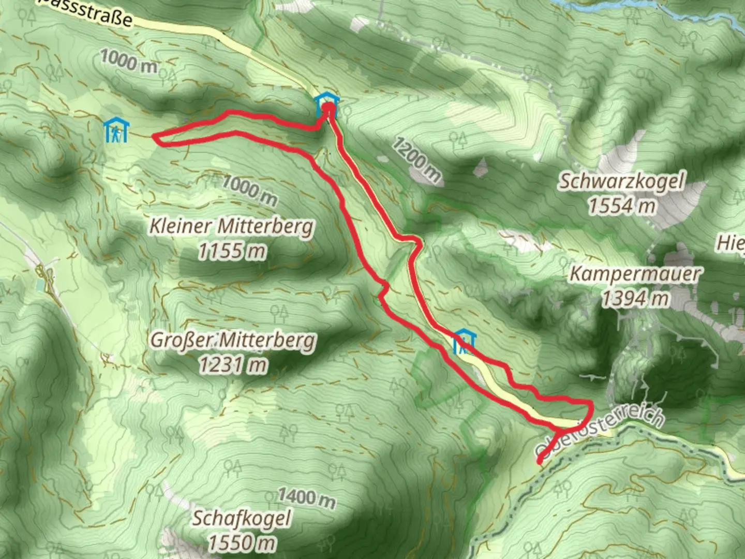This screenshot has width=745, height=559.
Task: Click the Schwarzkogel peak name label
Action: click(621, 182)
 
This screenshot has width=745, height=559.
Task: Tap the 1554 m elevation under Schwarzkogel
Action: click(621, 206)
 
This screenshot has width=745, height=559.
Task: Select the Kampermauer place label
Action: click(634, 274)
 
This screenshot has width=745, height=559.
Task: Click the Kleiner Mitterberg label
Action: click(232, 227)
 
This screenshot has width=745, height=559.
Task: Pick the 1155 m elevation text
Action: click(232, 251)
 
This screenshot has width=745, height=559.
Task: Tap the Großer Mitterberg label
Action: click(232, 341)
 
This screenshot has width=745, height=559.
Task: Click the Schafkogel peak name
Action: click(242, 518)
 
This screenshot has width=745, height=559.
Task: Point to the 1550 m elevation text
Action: click(242, 542)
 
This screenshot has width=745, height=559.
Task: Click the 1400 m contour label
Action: click(306, 498)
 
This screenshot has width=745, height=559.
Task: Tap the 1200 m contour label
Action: click(416, 160)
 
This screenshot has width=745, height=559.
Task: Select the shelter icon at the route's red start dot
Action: click(327, 103)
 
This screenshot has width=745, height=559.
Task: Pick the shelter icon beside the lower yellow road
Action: click(465, 342)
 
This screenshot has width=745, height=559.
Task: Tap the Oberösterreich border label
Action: click(600, 432)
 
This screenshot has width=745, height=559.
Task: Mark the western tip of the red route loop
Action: click(154, 137)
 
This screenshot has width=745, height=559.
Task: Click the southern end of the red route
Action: click(540, 461)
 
